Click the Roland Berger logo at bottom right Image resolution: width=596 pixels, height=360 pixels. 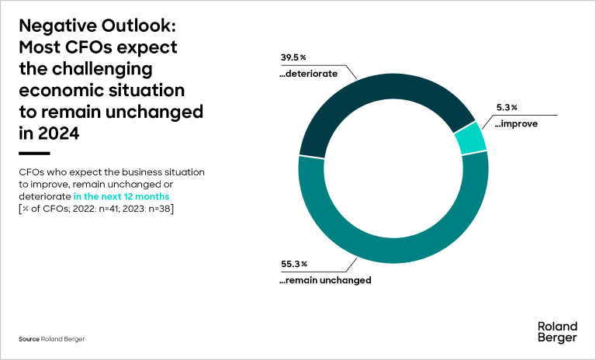(x=556, y=332)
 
